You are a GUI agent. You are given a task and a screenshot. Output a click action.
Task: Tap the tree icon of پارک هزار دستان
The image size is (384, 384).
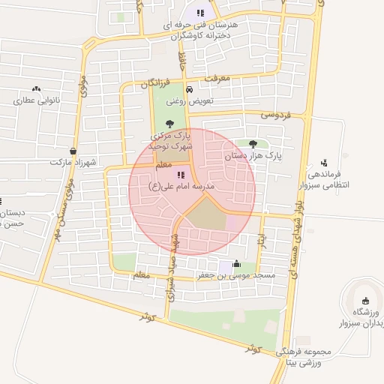[253, 144]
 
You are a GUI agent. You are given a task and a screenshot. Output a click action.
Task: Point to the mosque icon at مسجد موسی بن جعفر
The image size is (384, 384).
[237, 263]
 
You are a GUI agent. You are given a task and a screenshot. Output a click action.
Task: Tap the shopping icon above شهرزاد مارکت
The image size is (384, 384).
[73, 150]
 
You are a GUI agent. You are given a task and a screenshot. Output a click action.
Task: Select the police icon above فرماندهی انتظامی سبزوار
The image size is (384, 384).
[324, 162]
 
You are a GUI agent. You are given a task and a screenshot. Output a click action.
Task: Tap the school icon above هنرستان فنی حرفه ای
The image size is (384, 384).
[200, 13]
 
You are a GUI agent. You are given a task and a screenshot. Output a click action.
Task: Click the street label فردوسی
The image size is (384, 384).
[275, 115]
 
